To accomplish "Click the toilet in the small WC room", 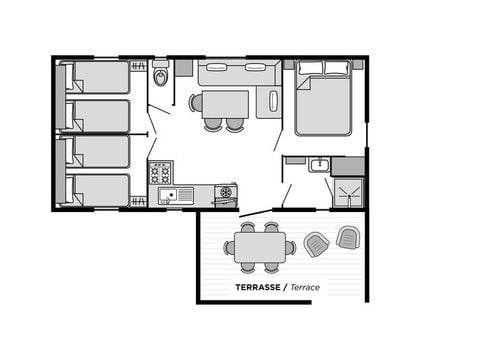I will pos(161,76).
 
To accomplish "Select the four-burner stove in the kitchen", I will pos(160,173).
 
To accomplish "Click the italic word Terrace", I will pos(307,287).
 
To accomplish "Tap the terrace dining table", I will pos(260,246).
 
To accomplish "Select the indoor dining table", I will pos(225,104).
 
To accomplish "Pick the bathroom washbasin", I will pos(319,165).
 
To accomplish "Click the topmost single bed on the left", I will pos(97,77).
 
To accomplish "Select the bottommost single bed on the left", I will pos(97,190).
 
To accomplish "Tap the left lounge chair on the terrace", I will pos(316,244).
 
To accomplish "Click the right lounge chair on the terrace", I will pos(347,237).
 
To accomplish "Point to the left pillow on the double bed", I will pos(311,68).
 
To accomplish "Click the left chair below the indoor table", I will pos(213,125).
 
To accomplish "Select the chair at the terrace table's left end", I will pos(229,247).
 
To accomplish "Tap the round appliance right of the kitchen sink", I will pos(226,192).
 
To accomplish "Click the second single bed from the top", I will pos(97,115).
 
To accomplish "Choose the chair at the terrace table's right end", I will pos(291,247).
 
